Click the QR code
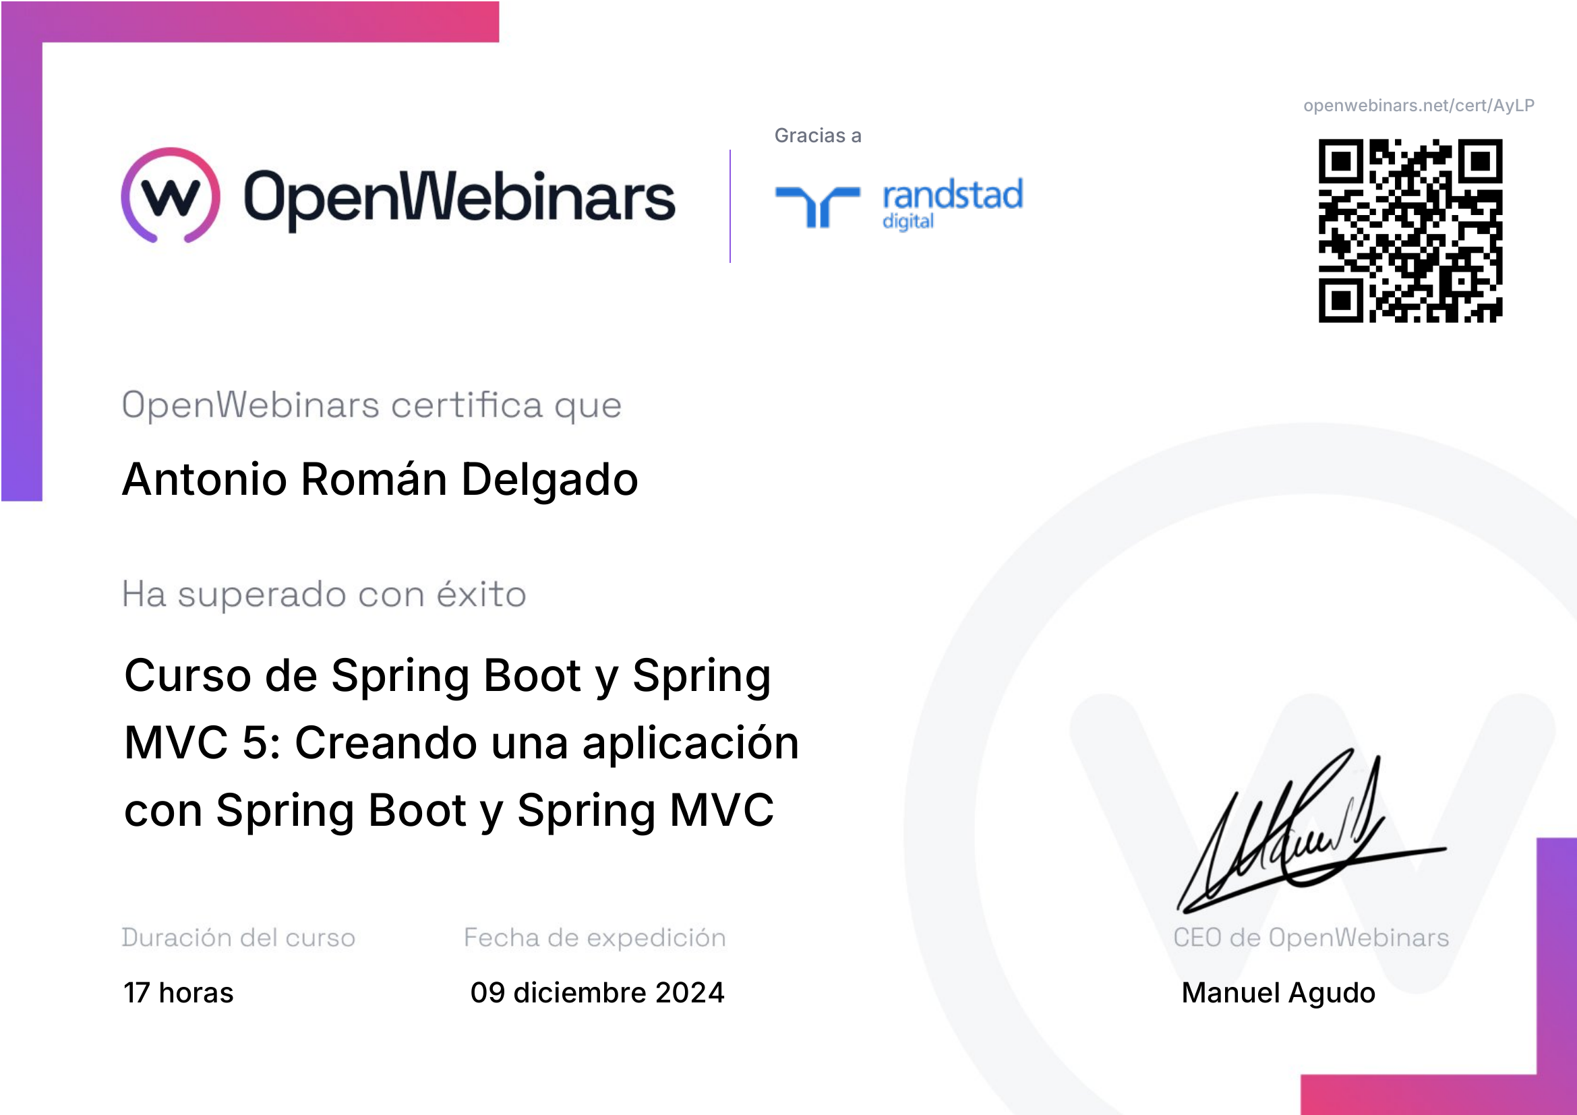tap(1410, 231)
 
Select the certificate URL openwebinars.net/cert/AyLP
tap(1419, 106)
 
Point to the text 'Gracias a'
tap(817, 136)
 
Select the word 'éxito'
tap(481, 594)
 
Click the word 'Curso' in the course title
tap(187, 675)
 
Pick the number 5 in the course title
tap(256, 743)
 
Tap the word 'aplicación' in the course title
tap(690, 744)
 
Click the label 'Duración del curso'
tap(238, 938)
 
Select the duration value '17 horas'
tap(179, 993)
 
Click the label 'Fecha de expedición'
tap(595, 938)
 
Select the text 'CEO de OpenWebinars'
tap(1311, 938)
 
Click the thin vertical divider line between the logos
tap(730, 206)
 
